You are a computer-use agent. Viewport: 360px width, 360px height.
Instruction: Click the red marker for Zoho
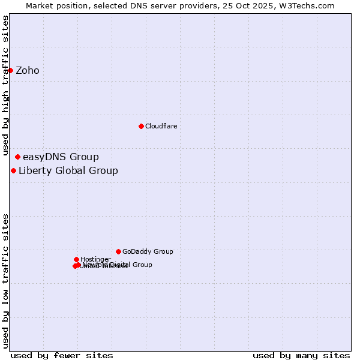click(10, 70)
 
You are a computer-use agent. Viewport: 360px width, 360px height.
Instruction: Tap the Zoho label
click(28, 71)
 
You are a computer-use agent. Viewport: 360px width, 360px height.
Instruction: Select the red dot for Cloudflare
click(141, 126)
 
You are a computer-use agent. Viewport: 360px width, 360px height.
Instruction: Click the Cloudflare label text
click(161, 127)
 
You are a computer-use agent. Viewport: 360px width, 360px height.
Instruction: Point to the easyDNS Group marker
click(17, 157)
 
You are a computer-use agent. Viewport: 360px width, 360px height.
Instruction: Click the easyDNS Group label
click(61, 157)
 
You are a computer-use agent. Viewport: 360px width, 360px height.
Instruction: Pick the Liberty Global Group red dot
click(13, 170)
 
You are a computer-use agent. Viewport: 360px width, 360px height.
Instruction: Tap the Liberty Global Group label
click(68, 171)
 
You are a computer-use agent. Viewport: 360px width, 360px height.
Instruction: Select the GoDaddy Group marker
click(118, 251)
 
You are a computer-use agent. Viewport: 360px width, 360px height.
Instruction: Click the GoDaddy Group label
click(148, 252)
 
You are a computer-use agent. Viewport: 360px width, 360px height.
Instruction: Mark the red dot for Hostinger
click(76, 259)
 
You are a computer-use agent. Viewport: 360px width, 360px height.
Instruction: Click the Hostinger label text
click(95, 260)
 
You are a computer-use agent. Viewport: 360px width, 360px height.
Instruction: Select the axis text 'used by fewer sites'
click(62, 356)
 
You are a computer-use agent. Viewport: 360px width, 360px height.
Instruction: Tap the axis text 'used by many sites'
click(301, 356)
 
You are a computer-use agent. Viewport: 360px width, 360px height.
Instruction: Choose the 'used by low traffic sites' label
click(5, 280)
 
